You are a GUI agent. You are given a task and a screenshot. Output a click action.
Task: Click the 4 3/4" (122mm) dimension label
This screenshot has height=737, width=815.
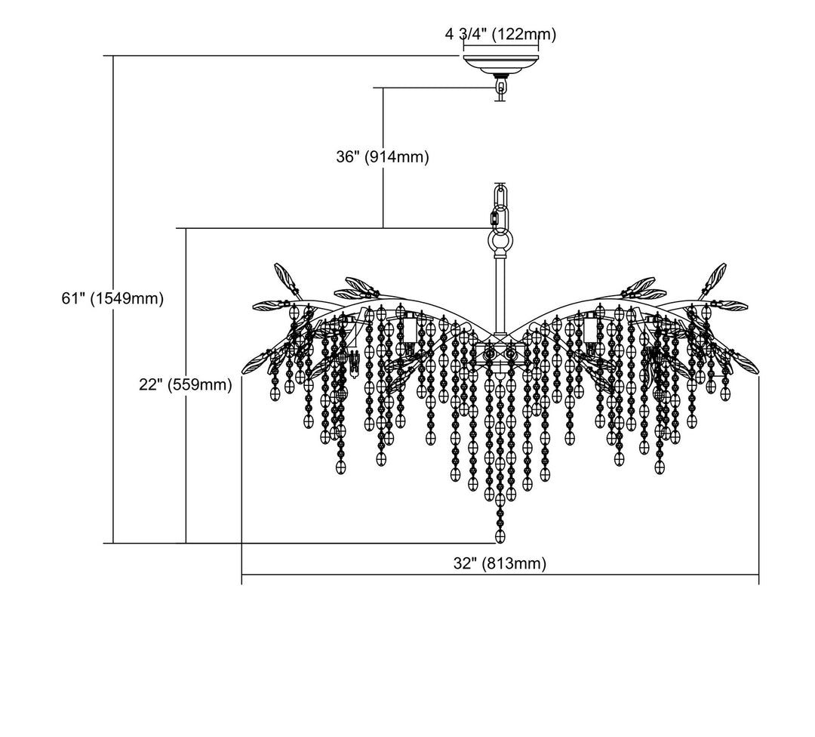pyautogui.click(x=500, y=34)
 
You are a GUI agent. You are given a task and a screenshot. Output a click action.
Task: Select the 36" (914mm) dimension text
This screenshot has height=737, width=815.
pyautogui.click(x=382, y=157)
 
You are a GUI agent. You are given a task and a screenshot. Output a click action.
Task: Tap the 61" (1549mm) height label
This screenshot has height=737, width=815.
pyautogui.click(x=112, y=298)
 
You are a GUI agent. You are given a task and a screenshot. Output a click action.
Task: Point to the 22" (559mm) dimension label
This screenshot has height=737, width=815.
pyautogui.click(x=185, y=384)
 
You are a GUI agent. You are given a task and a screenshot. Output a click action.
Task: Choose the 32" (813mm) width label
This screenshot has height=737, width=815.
pyautogui.click(x=500, y=563)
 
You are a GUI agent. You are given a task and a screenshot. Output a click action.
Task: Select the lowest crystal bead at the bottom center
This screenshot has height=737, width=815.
pyautogui.click(x=500, y=535)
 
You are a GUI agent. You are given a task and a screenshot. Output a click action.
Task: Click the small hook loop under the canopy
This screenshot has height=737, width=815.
pyautogui.click(x=500, y=90)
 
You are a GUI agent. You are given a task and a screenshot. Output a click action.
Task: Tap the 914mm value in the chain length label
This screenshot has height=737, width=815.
pyautogui.click(x=397, y=157)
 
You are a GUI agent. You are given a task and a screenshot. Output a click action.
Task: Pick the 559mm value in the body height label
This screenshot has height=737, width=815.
pyautogui.click(x=200, y=384)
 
